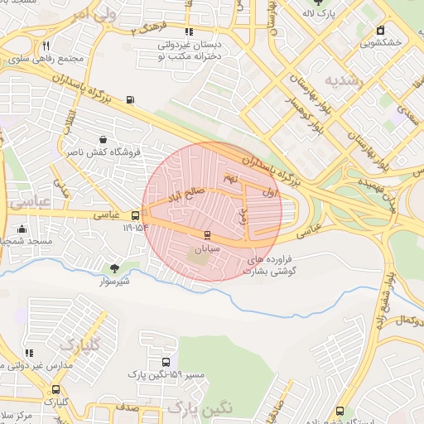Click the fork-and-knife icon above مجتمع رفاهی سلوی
click(46, 46)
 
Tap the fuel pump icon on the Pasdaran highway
click(129, 101)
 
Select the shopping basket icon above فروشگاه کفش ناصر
click(102, 140)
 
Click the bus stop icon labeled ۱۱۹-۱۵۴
click(135, 215)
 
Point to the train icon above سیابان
click(207, 234)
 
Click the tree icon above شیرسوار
click(113, 267)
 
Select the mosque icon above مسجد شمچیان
click(22, 229)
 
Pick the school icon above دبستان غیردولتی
click(189, 31)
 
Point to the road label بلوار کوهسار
click(311, 110)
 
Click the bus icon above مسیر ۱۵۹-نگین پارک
click(166, 362)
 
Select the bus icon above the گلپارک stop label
click(55, 389)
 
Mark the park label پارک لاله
click(331, 14)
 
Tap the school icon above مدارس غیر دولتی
click(29, 354)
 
